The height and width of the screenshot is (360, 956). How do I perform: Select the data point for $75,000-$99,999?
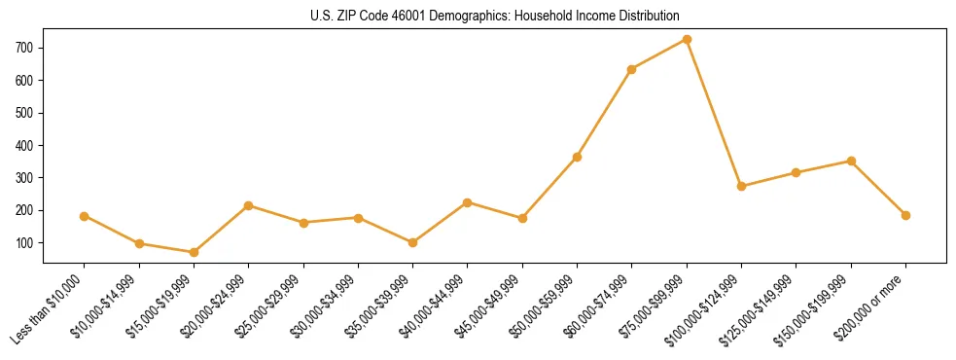pyautogui.click(x=687, y=40)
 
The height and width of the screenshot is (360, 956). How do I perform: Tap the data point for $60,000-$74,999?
pyautogui.click(x=632, y=69)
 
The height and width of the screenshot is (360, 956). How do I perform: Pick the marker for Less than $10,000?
pyautogui.click(x=85, y=216)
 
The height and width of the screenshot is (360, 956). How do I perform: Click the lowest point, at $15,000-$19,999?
pyautogui.click(x=194, y=252)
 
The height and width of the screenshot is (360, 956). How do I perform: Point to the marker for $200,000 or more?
pyautogui.click(x=905, y=215)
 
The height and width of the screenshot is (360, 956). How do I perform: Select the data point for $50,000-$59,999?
pyautogui.click(x=578, y=157)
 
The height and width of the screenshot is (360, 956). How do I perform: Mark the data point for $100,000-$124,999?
pyautogui.click(x=741, y=186)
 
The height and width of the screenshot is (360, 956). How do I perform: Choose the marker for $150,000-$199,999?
pyautogui.click(x=851, y=161)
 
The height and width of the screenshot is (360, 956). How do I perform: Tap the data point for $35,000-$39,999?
pyautogui.click(x=412, y=242)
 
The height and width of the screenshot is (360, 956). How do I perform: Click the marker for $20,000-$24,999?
pyautogui.click(x=249, y=205)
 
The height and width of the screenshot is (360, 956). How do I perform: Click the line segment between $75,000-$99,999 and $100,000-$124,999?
pyautogui.click(x=714, y=113)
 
